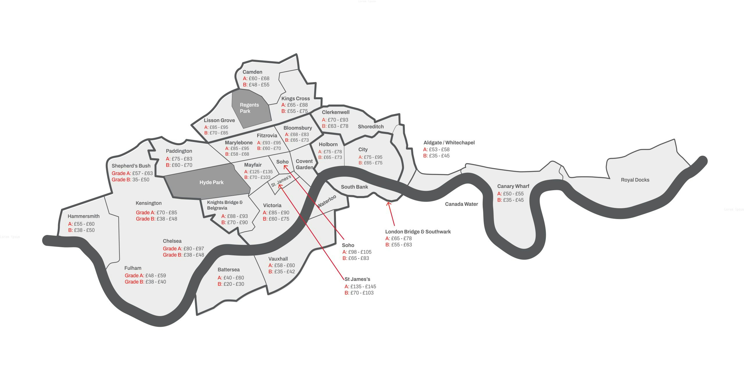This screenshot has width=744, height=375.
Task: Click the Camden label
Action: click(x=252, y=72)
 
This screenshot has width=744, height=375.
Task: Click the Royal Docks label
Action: click(x=635, y=180)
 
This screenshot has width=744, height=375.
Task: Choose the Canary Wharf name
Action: click(x=513, y=186)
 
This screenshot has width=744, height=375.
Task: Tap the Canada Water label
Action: click(x=461, y=204)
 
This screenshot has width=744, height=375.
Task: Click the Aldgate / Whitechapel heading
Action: click(x=449, y=143)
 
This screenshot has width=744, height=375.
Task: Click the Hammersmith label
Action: click(x=83, y=216)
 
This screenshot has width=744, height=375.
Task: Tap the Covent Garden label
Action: click(x=304, y=164)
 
